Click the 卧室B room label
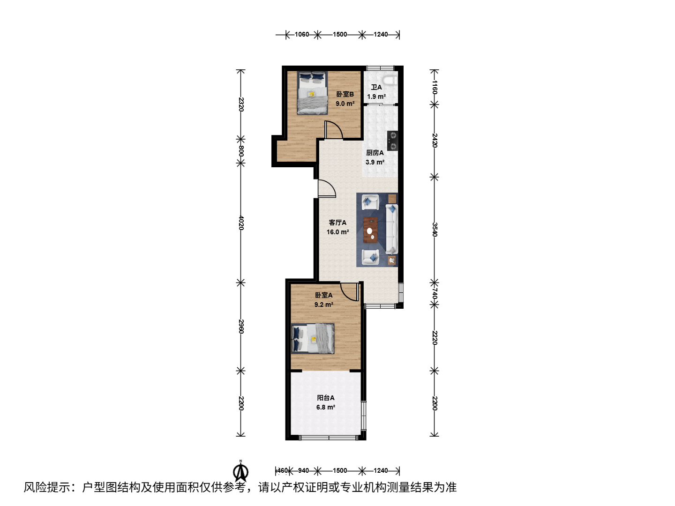click(345, 94)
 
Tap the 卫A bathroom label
click(376, 87)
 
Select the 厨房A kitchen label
click(375, 153)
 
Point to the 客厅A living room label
click(337, 223)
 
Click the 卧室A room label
click(323, 295)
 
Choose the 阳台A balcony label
click(326, 398)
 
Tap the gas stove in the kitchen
click(392, 141)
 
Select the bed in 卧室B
click(312, 93)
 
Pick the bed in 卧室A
click(313, 339)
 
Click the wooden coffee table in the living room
click(371, 230)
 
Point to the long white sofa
click(392, 229)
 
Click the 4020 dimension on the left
click(241, 223)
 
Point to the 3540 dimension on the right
click(434, 229)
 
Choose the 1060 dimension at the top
click(302, 34)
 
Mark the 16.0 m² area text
click(337, 232)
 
